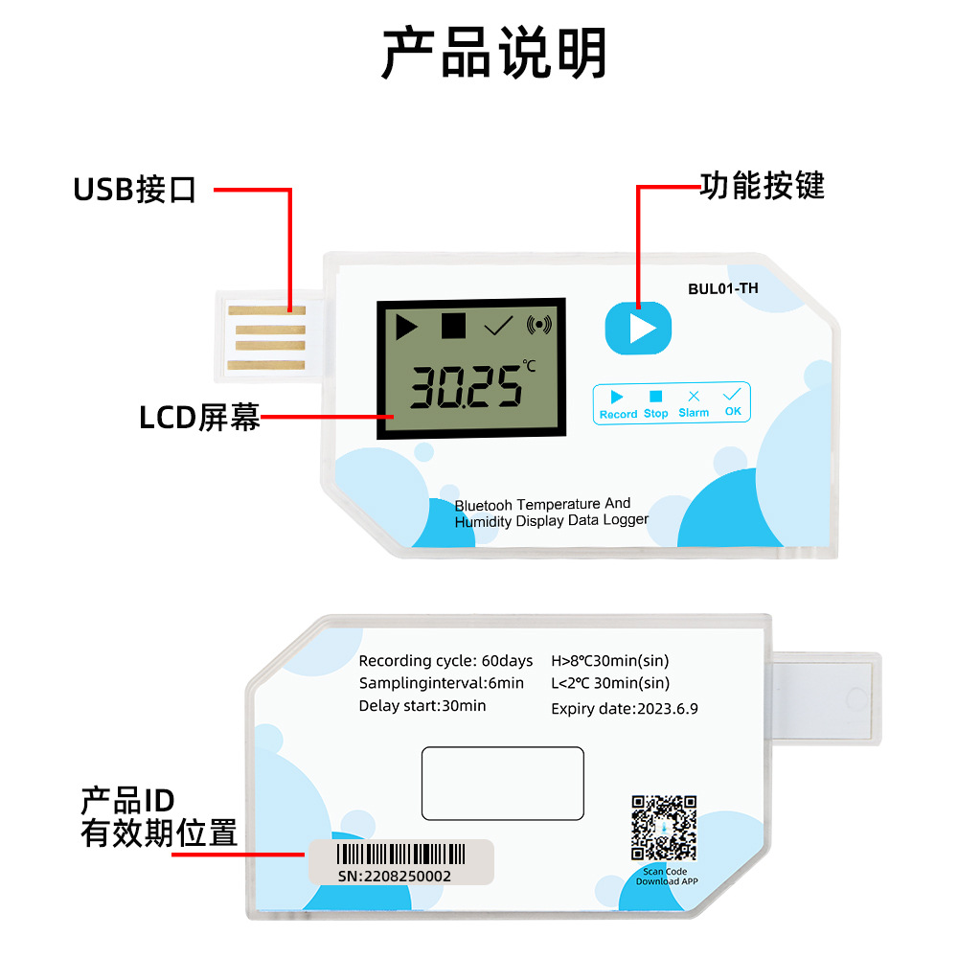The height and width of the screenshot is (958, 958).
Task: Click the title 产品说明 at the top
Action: (x=493, y=53)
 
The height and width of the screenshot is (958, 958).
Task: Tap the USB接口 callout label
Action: (x=134, y=189)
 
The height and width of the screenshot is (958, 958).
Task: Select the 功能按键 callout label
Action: (x=762, y=186)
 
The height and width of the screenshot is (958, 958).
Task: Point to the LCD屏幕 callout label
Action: (x=199, y=418)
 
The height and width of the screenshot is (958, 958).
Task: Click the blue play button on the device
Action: (x=638, y=328)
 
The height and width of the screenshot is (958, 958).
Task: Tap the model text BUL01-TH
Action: (x=722, y=288)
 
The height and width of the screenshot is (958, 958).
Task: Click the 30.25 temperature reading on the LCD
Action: (x=467, y=387)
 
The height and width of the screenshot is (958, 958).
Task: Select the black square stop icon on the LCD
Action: (x=453, y=326)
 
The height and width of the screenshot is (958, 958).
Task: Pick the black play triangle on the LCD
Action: (x=406, y=327)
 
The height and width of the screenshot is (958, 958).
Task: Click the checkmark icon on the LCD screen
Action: (x=498, y=326)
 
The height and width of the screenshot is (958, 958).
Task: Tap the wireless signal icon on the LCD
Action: (x=538, y=325)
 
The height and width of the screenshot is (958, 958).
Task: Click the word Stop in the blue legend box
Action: (x=655, y=414)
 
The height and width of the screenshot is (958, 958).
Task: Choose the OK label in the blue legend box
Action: (x=733, y=411)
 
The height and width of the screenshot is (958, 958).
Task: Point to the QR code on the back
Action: (x=664, y=828)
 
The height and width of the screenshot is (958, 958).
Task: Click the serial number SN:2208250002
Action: (x=394, y=877)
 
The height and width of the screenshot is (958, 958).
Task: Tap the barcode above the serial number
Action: (x=400, y=854)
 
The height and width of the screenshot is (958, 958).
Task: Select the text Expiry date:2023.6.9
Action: (x=625, y=709)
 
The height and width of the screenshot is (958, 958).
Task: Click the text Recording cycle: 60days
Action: (x=445, y=660)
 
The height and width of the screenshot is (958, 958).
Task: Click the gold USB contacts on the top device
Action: (x=267, y=338)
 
